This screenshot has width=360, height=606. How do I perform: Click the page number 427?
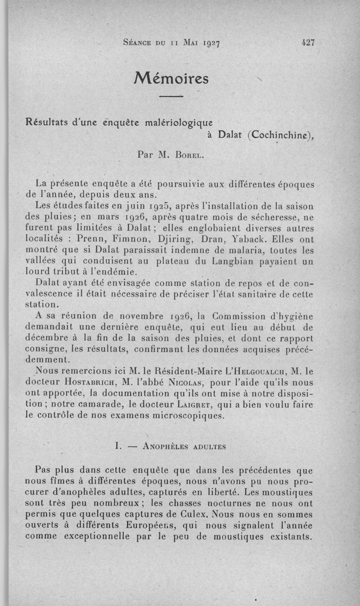pos(308,43)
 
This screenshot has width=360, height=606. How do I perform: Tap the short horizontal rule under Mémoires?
pos(171,96)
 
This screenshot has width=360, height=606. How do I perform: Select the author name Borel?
pos(189,156)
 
